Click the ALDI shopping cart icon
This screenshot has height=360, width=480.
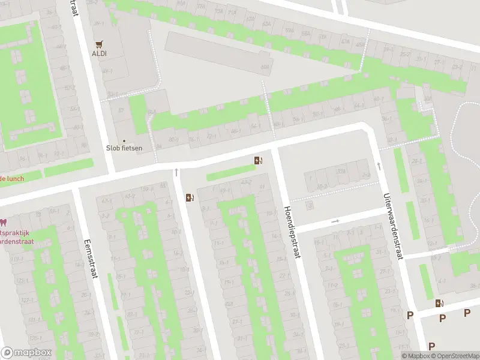pyautogui.click(x=99, y=44)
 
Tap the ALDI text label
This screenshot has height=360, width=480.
pyautogui.click(x=99, y=53)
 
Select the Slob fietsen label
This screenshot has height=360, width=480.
pyautogui.click(x=124, y=146)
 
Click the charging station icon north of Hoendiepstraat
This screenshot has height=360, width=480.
pyautogui.click(x=258, y=160)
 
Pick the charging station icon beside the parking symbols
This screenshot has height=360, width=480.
pyautogui.click(x=439, y=304)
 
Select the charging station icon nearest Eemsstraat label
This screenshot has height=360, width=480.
pyautogui.click(x=190, y=197)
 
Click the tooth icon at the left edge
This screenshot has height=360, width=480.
pyautogui.click(x=2, y=223)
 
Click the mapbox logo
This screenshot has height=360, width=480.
pyautogui.click(x=26, y=353)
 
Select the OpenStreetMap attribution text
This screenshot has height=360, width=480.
pyautogui.click(x=457, y=356)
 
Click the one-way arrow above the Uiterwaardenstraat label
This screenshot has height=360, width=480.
pyautogui.click(x=378, y=166)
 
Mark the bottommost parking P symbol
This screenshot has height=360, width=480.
pyautogui.click(x=431, y=346)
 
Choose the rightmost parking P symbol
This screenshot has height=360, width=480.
pyautogui.click(x=467, y=313)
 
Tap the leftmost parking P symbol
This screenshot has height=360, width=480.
pyautogui.click(x=411, y=316)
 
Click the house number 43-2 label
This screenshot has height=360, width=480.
pyautogui.click(x=245, y=182)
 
